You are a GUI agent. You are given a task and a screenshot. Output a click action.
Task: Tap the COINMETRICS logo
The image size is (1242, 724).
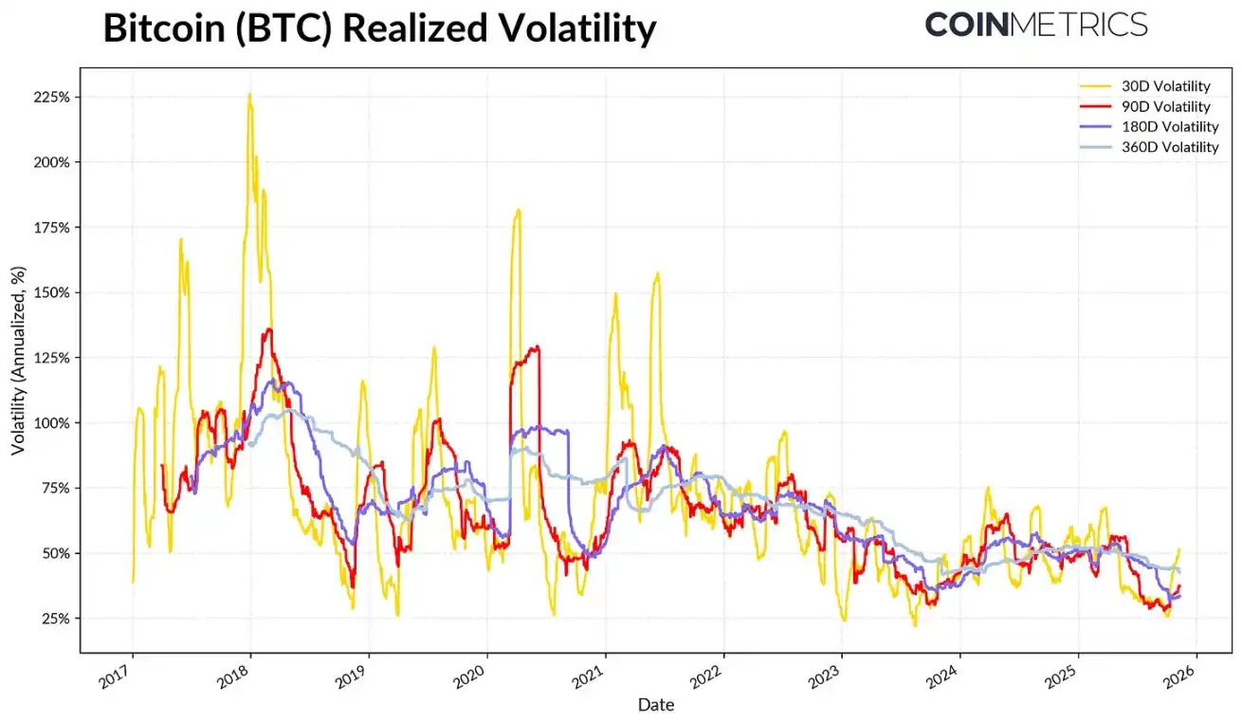click(x=1035, y=25)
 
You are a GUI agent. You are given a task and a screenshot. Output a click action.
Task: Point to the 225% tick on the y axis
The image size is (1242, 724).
click(x=52, y=97)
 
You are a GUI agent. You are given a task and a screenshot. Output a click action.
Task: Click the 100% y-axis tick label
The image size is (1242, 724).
click(x=52, y=422)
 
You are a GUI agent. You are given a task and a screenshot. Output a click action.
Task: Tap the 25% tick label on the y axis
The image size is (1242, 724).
click(x=55, y=618)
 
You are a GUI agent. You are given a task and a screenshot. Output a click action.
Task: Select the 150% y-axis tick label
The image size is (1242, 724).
click(x=52, y=292)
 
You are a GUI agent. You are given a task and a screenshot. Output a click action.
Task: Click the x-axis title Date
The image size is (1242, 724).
click(x=655, y=705)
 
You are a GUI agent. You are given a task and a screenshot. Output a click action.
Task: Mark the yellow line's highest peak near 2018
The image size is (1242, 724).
click(x=249, y=94)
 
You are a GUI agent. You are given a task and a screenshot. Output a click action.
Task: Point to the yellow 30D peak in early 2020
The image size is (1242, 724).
click(x=518, y=211)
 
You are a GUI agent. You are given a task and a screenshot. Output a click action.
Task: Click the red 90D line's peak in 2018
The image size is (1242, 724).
click(x=269, y=329)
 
